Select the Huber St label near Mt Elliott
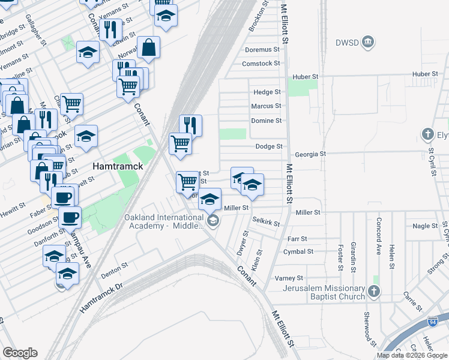pos(305,77)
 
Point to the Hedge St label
pos(267,92)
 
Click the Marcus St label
pos(266,106)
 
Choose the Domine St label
pos(266,121)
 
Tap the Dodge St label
pos(269,146)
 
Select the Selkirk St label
pos(266,222)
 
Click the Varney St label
pos(289,278)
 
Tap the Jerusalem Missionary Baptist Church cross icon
pos(374,292)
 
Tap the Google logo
pos(20,353)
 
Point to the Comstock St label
pos(261,64)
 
